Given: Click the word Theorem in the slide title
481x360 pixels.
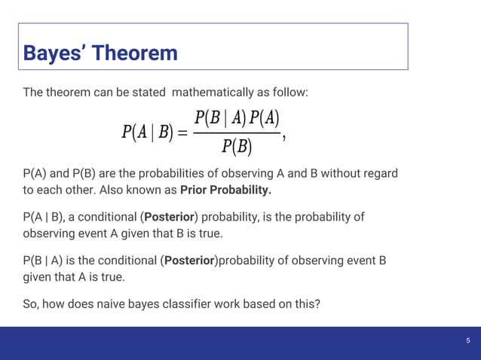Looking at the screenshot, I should (x=133, y=53).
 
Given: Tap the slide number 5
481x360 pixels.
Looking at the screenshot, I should (x=467, y=341).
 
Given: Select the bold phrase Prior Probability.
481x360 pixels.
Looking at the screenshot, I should (x=225, y=189).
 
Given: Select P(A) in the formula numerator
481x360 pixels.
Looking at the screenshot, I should (x=265, y=117).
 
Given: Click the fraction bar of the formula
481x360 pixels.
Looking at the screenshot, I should (x=237, y=133).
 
